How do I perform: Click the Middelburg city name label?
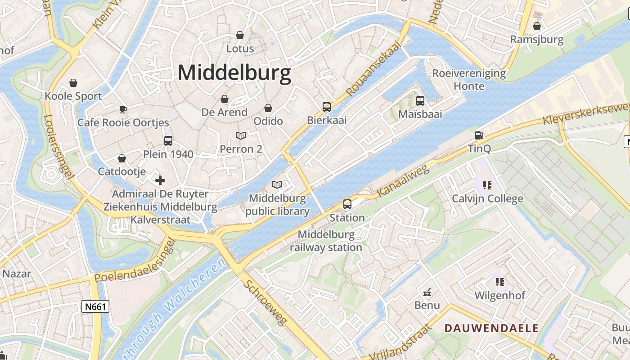[x=234, y=73]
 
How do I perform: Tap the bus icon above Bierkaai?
[x=327, y=107]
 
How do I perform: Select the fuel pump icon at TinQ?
[x=479, y=135]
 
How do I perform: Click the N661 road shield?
[x=96, y=307]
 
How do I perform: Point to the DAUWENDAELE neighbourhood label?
[x=491, y=328]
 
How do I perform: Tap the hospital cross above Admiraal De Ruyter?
[x=160, y=181]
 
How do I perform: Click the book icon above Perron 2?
[x=241, y=135]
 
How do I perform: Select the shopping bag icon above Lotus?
[x=240, y=35]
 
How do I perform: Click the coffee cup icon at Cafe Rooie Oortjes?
[x=123, y=109]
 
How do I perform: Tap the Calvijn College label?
[x=487, y=198]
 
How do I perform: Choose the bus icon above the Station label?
[x=347, y=204]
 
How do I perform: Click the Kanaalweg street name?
[x=403, y=180]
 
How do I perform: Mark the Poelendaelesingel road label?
[x=135, y=263]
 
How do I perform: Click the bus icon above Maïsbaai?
[x=420, y=101]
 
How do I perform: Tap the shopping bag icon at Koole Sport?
[x=73, y=83]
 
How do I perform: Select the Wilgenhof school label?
[x=500, y=296]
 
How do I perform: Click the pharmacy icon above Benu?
[x=427, y=292]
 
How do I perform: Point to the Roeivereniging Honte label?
[x=469, y=79]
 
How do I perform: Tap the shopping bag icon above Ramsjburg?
[x=536, y=27]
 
